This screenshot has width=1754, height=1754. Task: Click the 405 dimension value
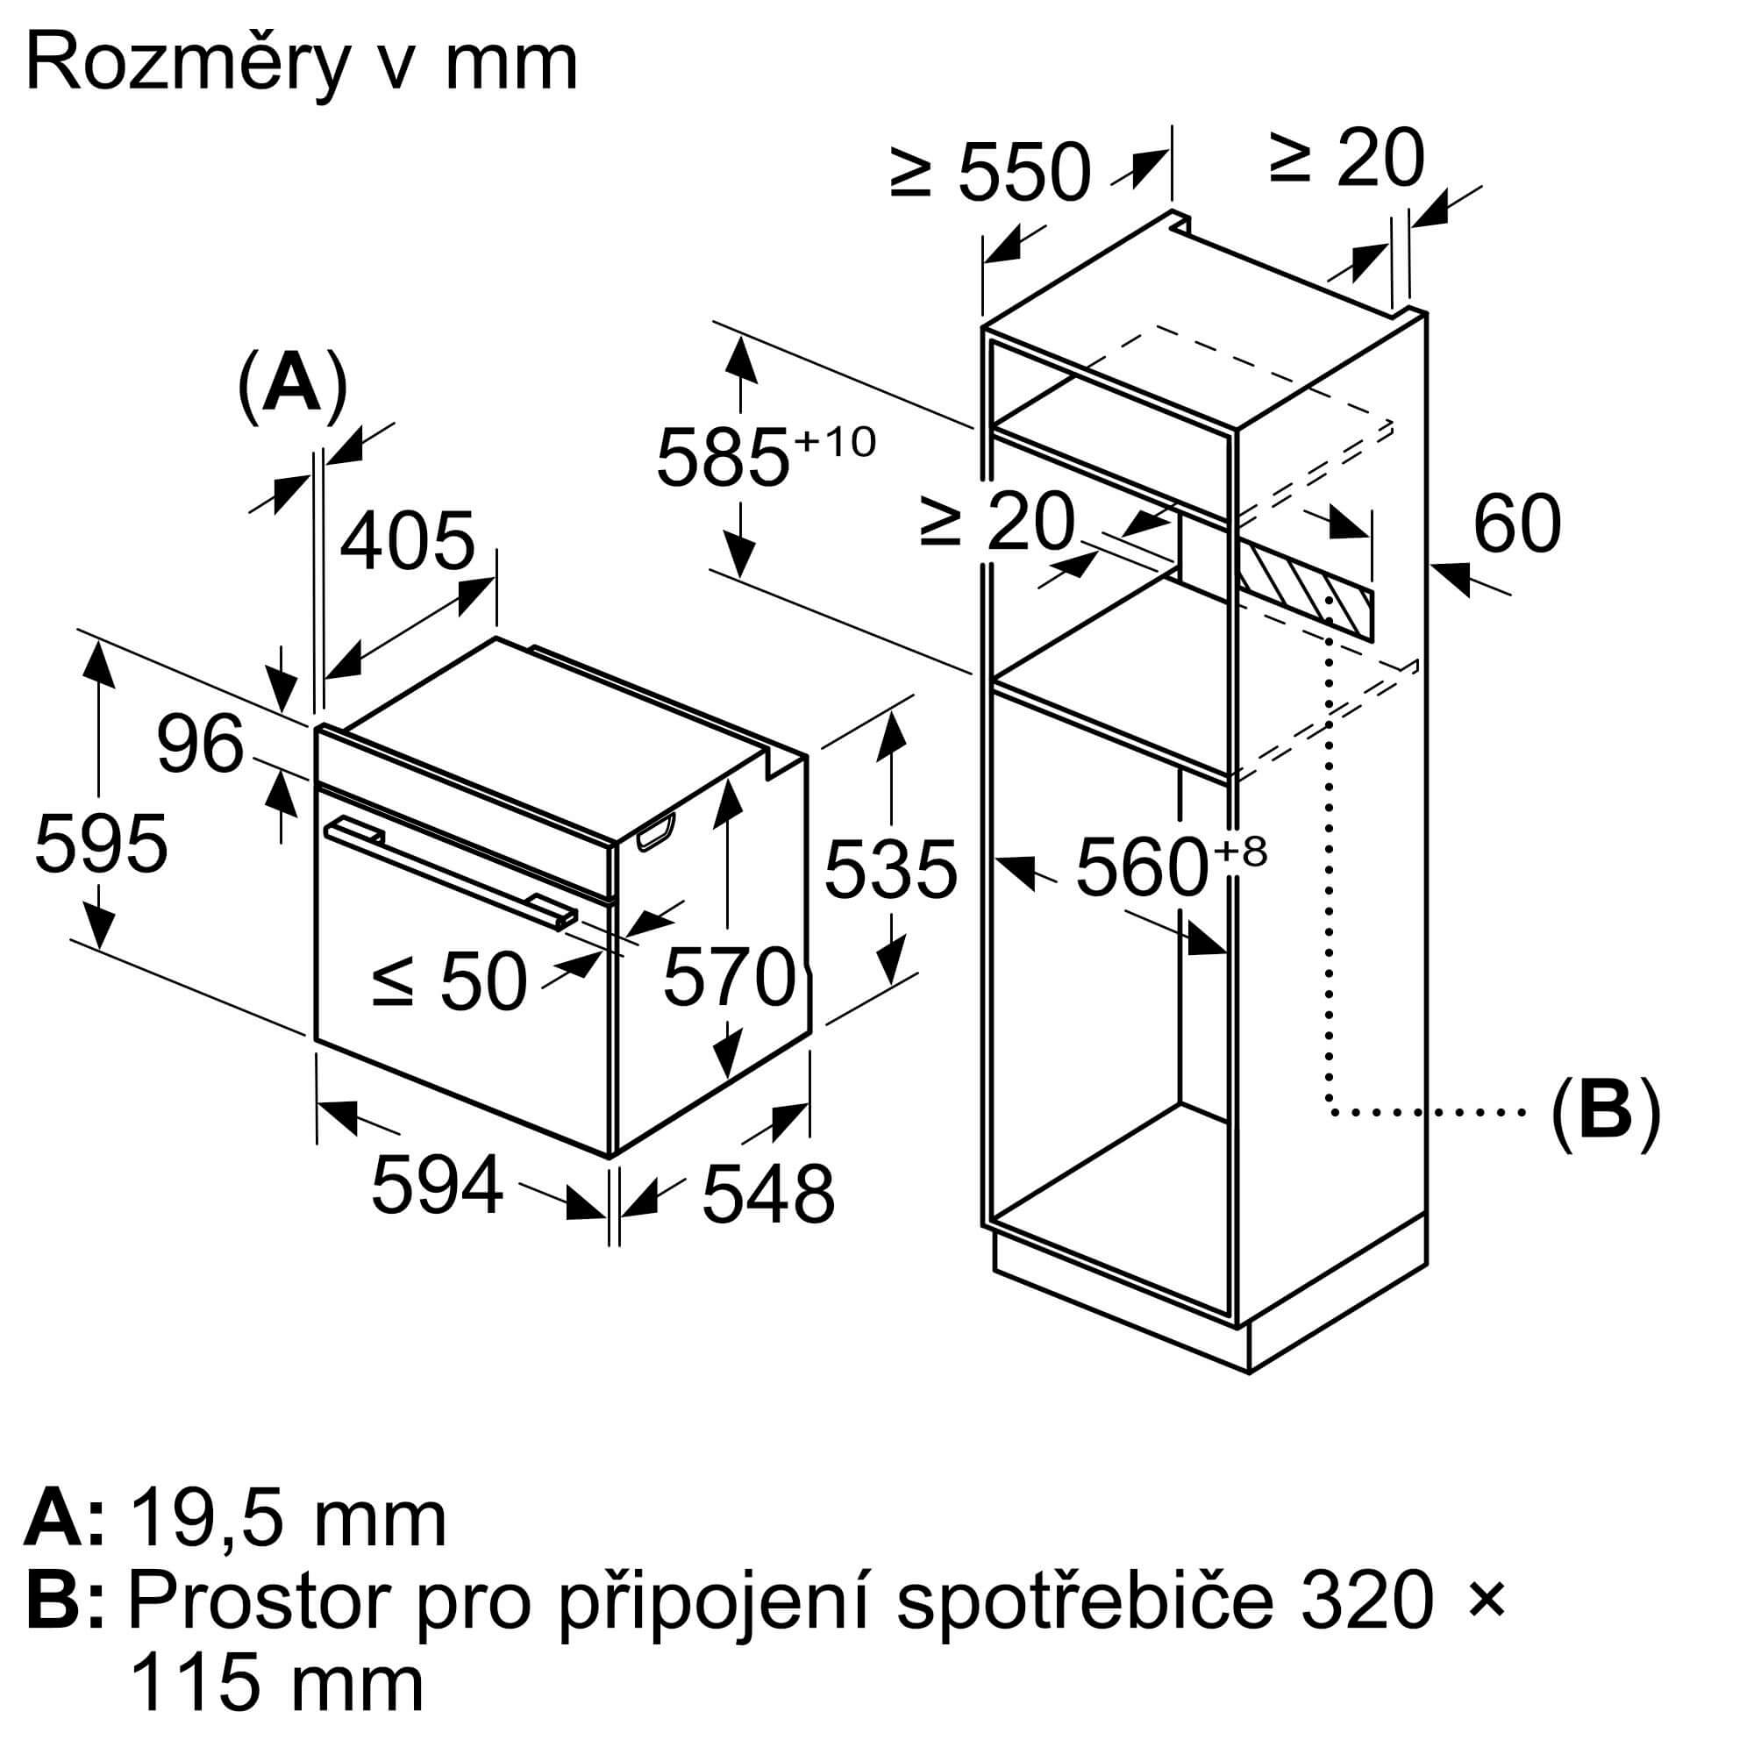click(x=408, y=541)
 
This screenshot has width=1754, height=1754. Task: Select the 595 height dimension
click(x=101, y=844)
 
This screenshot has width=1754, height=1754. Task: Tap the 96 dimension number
click(x=200, y=745)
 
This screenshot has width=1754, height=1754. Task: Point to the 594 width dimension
click(x=437, y=1184)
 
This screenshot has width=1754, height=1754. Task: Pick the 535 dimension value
click(x=891, y=869)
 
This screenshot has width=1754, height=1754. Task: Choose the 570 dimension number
click(x=729, y=978)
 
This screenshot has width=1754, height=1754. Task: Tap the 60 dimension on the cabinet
click(x=1516, y=524)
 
